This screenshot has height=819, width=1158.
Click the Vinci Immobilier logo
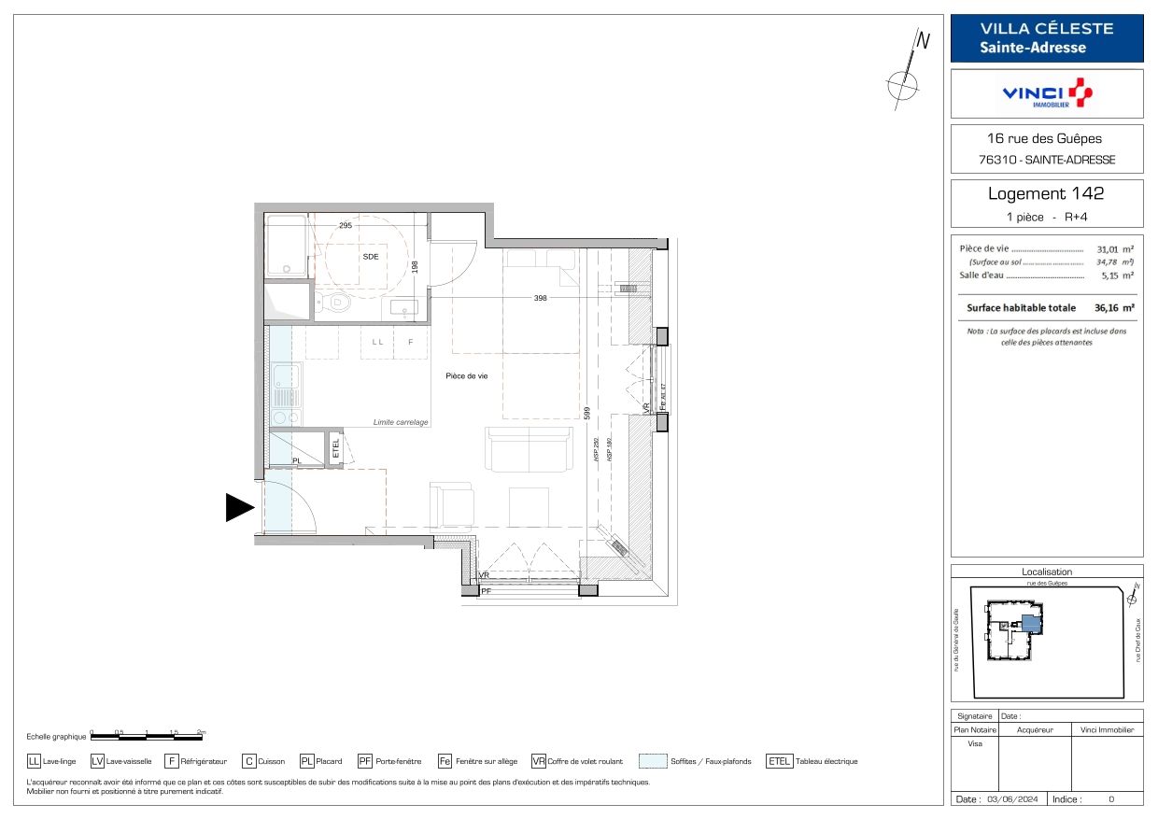coord(1046,93)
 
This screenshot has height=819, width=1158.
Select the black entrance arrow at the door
coord(240,507)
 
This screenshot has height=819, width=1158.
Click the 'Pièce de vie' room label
coord(467,375)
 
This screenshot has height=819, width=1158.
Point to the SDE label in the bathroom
coord(370,257)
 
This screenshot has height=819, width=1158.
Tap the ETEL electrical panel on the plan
coord(336,447)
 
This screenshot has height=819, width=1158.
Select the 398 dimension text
coord(541,298)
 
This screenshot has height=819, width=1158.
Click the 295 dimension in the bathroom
coord(345,226)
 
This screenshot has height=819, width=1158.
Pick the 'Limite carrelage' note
coord(400,422)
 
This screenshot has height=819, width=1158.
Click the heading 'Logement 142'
coord(1046,194)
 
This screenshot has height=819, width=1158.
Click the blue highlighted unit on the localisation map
coord(1029,624)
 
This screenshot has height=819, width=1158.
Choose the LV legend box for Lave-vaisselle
coord(98,761)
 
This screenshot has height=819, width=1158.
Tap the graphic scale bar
coord(147,736)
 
